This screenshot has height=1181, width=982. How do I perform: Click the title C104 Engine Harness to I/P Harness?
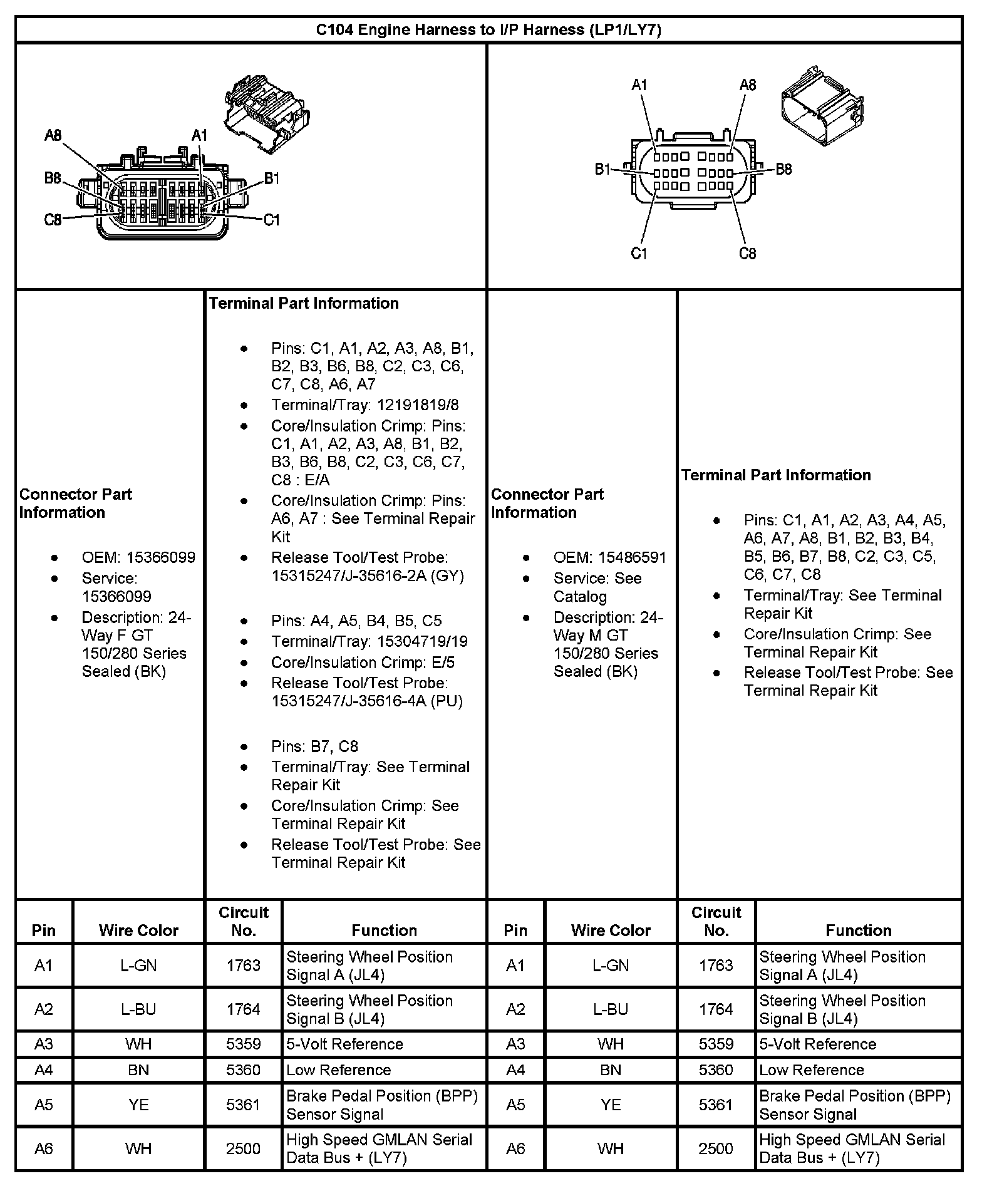(488, 30)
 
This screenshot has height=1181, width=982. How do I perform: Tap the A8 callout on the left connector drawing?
(53, 135)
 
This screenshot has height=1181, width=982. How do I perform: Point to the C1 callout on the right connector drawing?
(639, 254)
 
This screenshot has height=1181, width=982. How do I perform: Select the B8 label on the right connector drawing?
(783, 169)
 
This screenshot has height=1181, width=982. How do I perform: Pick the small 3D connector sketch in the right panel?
(822, 105)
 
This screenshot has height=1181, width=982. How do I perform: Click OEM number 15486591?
(632, 557)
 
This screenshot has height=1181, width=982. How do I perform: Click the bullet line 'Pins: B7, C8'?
(314, 746)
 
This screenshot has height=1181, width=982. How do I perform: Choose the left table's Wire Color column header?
(138, 931)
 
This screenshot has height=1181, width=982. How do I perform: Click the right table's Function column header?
(858, 931)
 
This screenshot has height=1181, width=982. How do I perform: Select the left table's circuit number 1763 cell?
(243, 966)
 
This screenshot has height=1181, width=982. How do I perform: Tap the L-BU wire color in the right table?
(611, 1009)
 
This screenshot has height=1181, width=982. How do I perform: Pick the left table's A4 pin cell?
(44, 1070)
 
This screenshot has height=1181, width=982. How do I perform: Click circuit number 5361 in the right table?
(716, 1105)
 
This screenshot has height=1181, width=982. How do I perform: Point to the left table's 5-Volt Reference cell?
(344, 1044)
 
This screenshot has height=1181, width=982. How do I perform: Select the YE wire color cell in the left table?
(138, 1105)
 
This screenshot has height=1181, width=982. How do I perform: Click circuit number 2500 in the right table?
(716, 1148)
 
